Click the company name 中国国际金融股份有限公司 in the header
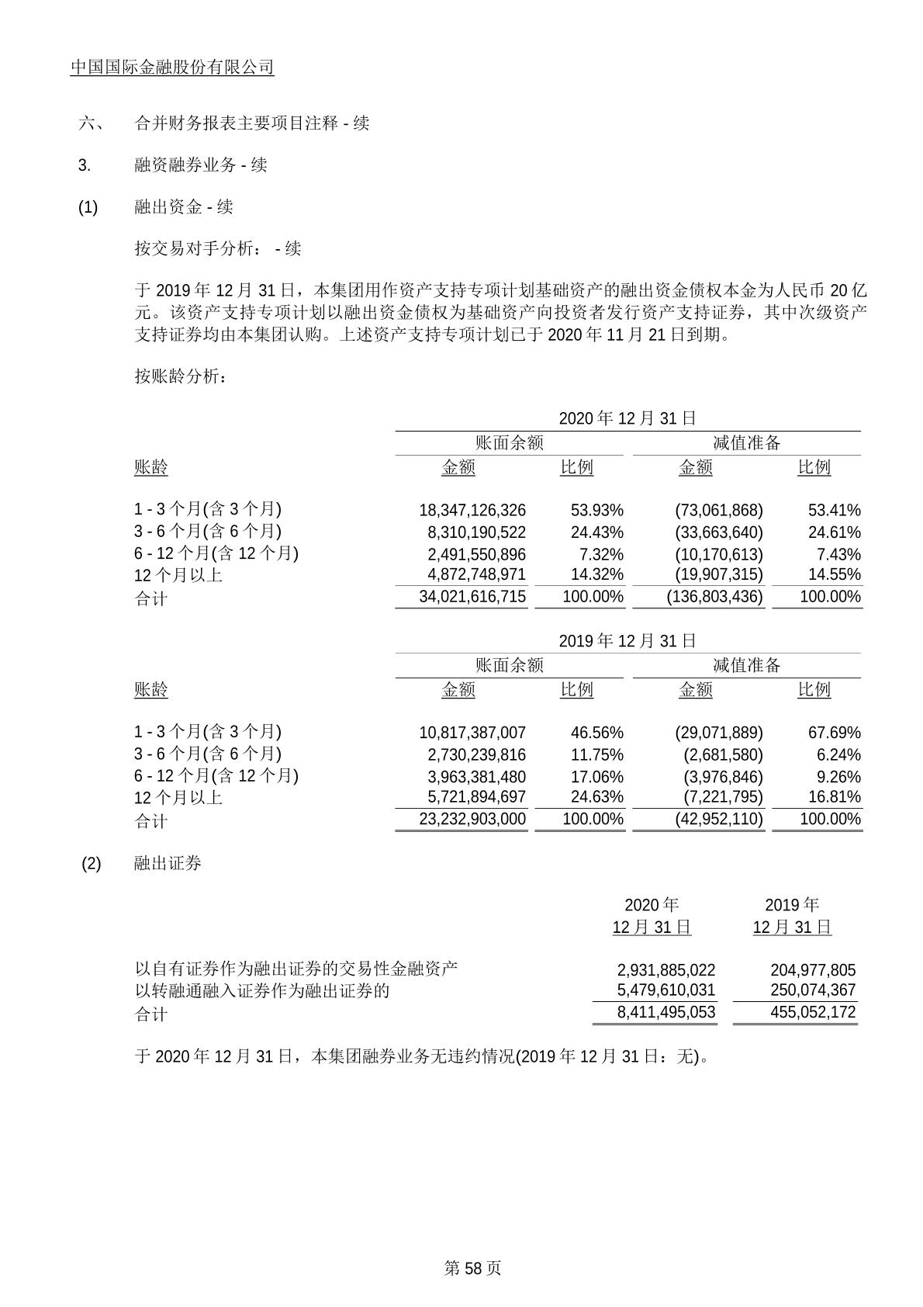[x=172, y=68]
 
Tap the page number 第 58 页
[x=472, y=1267]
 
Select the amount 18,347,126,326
[x=472, y=511]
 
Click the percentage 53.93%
[x=597, y=511]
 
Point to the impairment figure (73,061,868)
[x=714, y=511]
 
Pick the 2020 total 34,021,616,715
[x=472, y=597]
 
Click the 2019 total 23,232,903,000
[x=472, y=820]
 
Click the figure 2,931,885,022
[x=666, y=970]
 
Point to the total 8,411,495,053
[x=666, y=1013]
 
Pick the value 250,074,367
[x=813, y=990]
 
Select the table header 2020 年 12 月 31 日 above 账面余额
[x=627, y=418]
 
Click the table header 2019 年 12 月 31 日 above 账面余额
[x=627, y=641]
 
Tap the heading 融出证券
[x=168, y=863]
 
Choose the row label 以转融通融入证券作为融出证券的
[x=262, y=991]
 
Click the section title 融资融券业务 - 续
[x=201, y=165]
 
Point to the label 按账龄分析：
[x=181, y=376]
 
